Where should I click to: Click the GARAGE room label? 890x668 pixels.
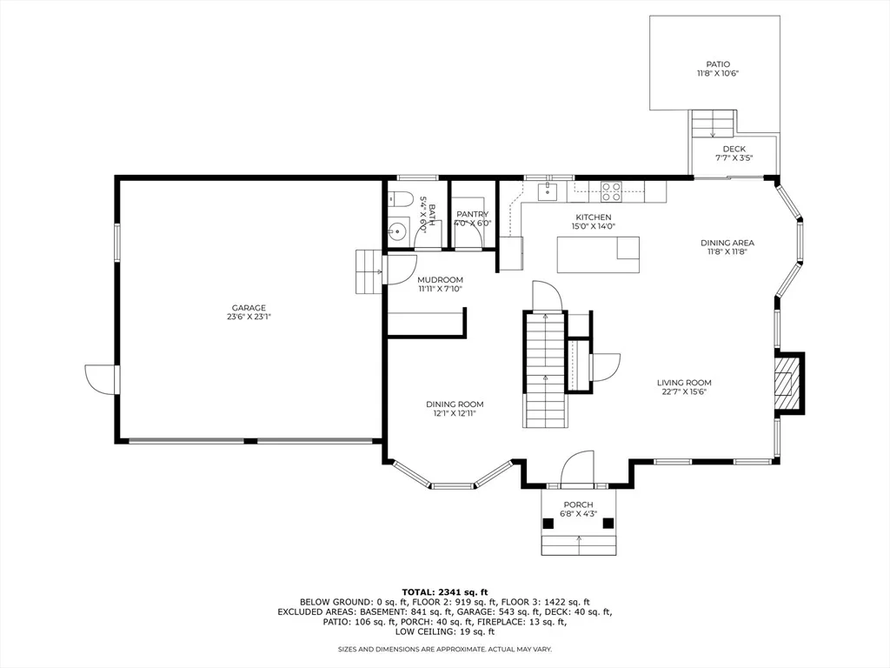point(249,308)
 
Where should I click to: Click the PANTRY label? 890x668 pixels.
point(472,214)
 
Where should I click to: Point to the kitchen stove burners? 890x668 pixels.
point(611,191)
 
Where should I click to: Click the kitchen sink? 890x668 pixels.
point(548,191)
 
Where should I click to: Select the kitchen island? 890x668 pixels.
point(598,255)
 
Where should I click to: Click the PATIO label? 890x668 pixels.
point(718,64)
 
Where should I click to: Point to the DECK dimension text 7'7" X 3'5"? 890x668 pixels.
point(734,158)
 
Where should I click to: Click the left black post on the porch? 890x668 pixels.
point(548,524)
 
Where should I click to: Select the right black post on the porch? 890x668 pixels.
point(608,524)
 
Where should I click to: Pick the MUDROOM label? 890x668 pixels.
point(440,279)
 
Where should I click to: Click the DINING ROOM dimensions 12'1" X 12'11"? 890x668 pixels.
point(455,413)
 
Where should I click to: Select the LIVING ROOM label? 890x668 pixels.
point(684,383)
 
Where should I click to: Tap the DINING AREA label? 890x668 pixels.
point(727,243)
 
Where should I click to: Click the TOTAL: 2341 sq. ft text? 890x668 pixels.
point(444,591)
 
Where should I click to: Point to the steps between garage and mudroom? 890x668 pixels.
point(369,271)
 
